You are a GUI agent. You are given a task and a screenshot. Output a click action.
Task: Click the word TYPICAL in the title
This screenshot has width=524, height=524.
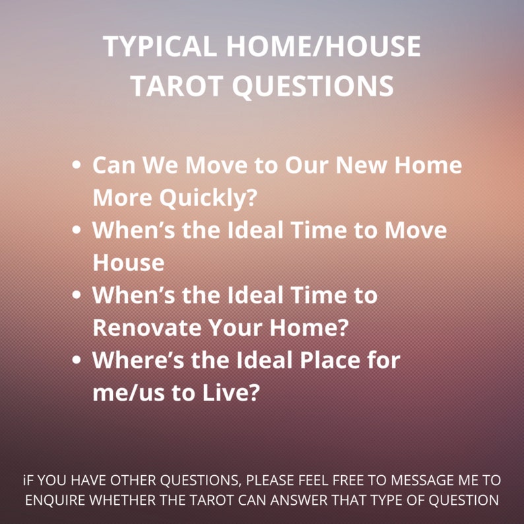click(x=160, y=46)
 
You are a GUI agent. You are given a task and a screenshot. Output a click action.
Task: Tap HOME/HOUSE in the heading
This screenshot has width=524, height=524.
click(x=323, y=46)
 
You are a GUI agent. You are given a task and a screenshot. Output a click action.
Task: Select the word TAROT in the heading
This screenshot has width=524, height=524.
click(x=177, y=86)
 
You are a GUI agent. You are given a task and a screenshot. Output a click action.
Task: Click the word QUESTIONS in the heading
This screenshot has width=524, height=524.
click(x=313, y=86)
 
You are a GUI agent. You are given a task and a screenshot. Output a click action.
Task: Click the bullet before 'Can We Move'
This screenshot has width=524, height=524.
click(x=77, y=165)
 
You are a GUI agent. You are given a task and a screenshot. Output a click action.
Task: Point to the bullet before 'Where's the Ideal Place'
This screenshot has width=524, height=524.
click(x=77, y=360)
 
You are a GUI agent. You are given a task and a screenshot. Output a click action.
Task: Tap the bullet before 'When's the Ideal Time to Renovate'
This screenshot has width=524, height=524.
click(x=77, y=294)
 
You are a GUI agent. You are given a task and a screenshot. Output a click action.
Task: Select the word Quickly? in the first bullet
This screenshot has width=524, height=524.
click(x=208, y=198)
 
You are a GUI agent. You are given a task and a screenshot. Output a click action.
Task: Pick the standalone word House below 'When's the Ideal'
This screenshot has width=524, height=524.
click(x=129, y=263)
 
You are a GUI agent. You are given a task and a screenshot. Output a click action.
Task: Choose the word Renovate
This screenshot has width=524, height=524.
click(x=147, y=327)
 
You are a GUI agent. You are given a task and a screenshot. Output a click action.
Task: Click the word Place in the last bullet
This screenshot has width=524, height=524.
click(x=330, y=360)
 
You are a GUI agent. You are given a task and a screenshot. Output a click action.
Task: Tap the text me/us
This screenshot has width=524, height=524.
click(x=129, y=392)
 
